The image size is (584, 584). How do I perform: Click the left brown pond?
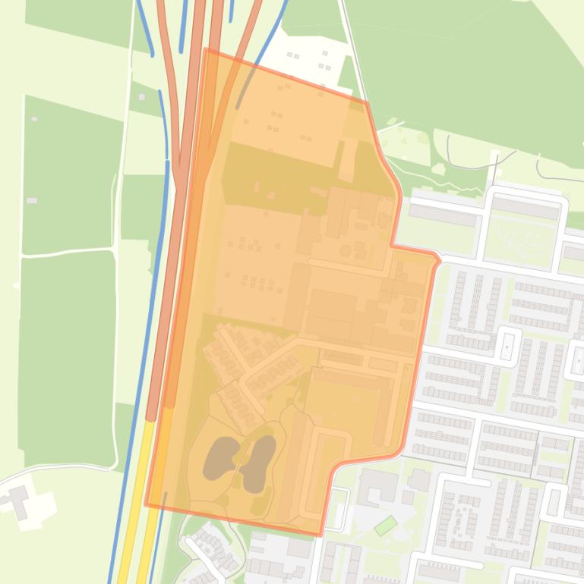[x=221, y=458]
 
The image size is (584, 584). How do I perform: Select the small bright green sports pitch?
[x=386, y=524]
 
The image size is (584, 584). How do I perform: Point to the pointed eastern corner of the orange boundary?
[x=438, y=260]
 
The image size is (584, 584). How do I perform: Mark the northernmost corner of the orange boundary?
[x=206, y=49]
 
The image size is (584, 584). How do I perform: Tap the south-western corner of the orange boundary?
[x=146, y=504]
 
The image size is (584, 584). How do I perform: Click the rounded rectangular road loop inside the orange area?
[x=327, y=471]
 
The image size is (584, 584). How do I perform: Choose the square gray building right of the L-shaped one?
[x=418, y=479]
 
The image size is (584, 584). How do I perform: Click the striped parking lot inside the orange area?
[x=343, y=356]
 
